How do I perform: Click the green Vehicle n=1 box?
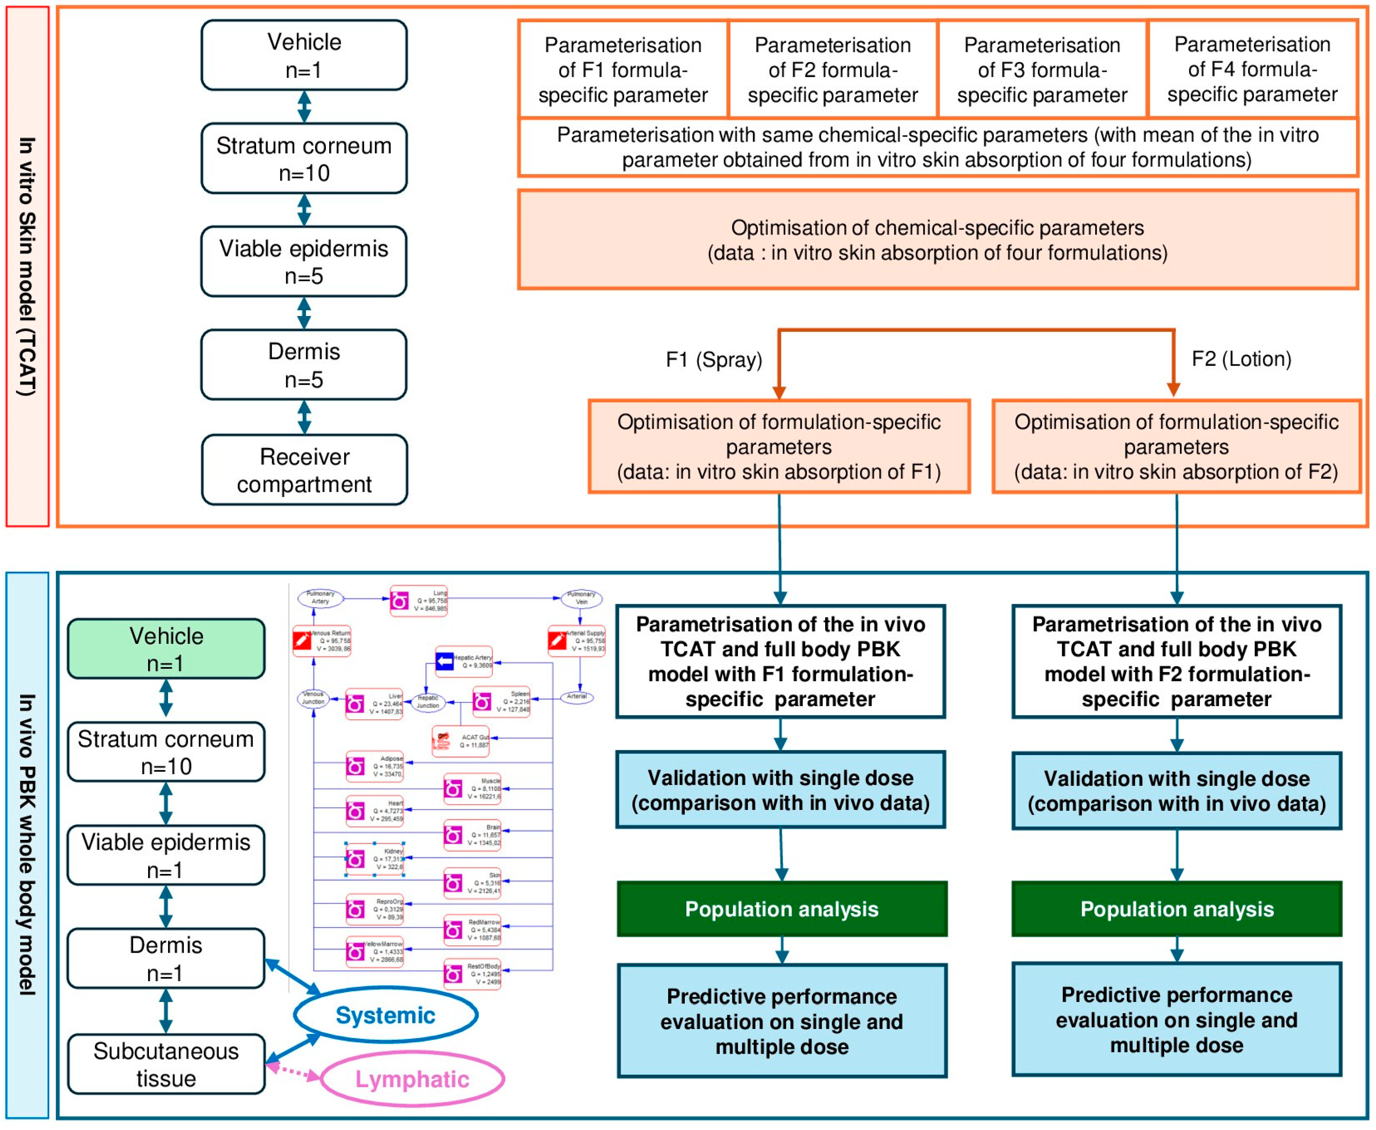coord(166,649)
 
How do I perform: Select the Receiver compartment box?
coord(304,470)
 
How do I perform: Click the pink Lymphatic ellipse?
coord(412,1079)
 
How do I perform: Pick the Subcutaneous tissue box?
coord(166,1064)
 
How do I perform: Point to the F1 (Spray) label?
coord(714,359)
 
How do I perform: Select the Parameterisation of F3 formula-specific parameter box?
coord(1042,70)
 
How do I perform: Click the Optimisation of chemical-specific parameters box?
coord(938,239)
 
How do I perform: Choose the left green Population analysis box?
coord(781,909)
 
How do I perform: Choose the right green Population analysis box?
coord(1177,909)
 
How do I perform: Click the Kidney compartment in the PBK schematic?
coord(375,859)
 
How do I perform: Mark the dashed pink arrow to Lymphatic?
coord(294,1072)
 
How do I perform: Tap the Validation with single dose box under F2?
coord(1177,791)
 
